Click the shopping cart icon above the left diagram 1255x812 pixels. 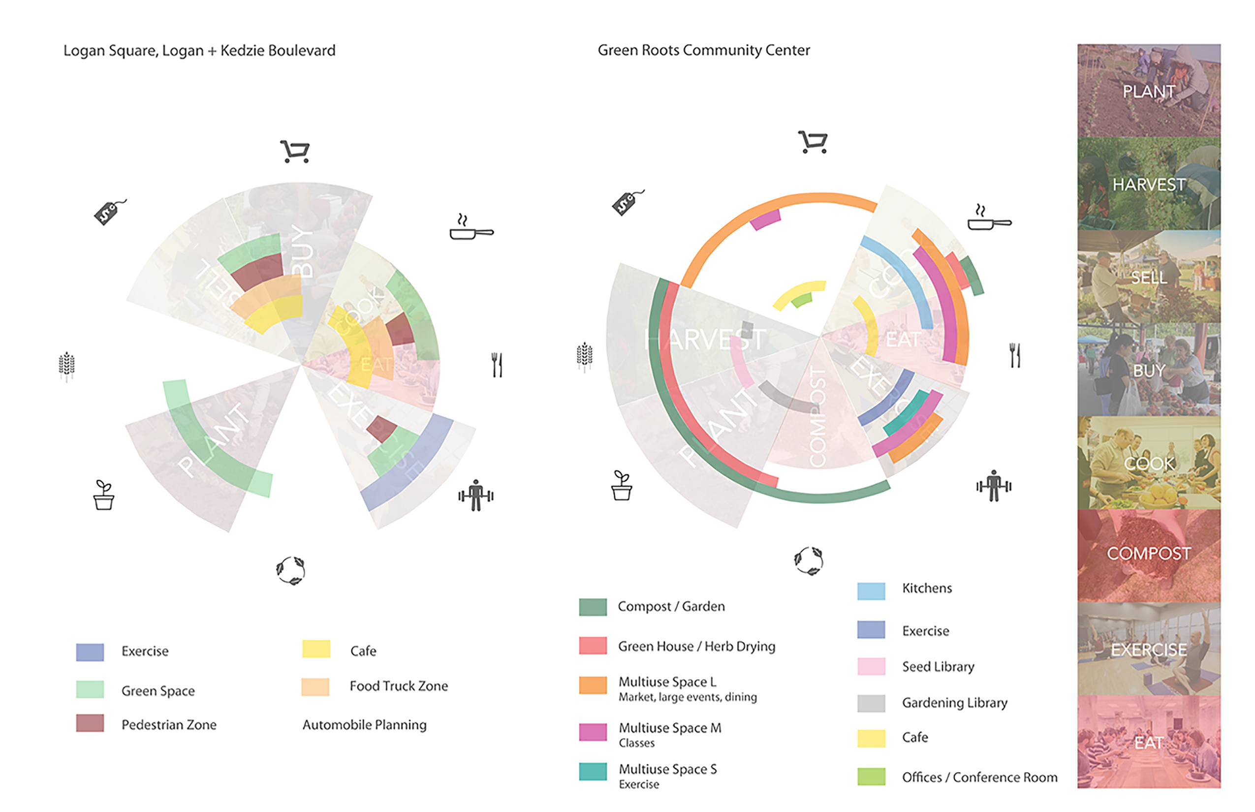pyautogui.click(x=295, y=152)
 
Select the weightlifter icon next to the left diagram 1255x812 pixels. pyautogui.click(x=475, y=495)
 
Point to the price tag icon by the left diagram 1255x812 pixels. pyautogui.click(x=110, y=212)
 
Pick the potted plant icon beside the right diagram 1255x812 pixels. pyautogui.click(x=622, y=486)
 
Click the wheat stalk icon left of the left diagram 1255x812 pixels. pyautogui.click(x=66, y=365)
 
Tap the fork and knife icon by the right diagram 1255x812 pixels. pyautogui.click(x=1014, y=355)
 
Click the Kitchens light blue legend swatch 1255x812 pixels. pyautogui.click(x=871, y=591)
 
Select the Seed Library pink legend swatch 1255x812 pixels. pyautogui.click(x=871, y=666)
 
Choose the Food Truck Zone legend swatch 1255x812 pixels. pyautogui.click(x=315, y=687)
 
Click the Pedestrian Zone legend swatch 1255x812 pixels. pyautogui.click(x=90, y=723)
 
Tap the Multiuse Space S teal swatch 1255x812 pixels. pyautogui.click(x=593, y=772)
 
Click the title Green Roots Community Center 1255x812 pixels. pyautogui.click(x=703, y=50)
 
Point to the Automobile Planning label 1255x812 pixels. pyautogui.click(x=364, y=725)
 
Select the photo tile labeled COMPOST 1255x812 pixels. pyautogui.click(x=1149, y=555)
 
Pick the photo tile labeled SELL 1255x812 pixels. pyautogui.click(x=1149, y=276)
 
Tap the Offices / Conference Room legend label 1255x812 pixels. pyautogui.click(x=979, y=777)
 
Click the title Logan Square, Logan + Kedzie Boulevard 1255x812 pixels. pyautogui.click(x=199, y=51)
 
